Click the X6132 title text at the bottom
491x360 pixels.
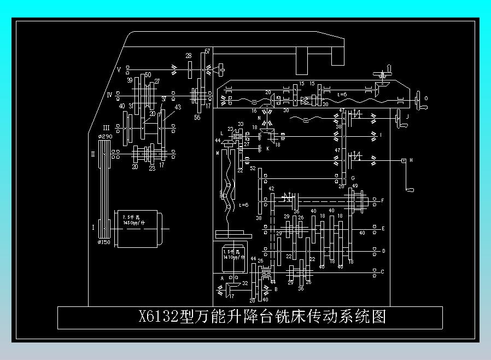[x=262, y=317]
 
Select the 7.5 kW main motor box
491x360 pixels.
[x=137, y=229]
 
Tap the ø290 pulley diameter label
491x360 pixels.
[x=104, y=136]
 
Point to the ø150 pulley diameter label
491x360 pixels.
[x=104, y=242]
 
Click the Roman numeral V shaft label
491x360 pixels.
[x=119, y=70]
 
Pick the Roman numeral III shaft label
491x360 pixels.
[x=106, y=127]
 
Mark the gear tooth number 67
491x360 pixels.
[x=207, y=51]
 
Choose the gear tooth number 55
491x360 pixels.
[x=197, y=117]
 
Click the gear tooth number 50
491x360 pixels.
[x=148, y=75]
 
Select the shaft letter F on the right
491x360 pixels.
[x=382, y=201]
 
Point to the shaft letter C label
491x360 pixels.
[x=382, y=271]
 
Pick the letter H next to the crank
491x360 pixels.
[x=411, y=160]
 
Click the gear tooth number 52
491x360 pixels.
[x=253, y=169]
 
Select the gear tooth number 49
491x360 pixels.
[x=355, y=187]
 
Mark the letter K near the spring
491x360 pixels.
[x=268, y=148]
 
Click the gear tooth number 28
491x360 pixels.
[x=189, y=56]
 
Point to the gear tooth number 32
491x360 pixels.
[x=245, y=283]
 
